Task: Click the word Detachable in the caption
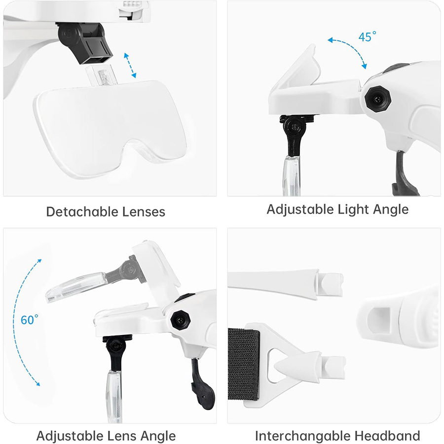click(x=81, y=212)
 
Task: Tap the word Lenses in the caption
click(x=143, y=212)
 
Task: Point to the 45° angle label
click(x=368, y=37)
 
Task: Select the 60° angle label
click(x=29, y=320)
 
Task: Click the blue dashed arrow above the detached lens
click(x=129, y=65)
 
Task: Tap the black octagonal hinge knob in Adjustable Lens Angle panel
click(x=179, y=321)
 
